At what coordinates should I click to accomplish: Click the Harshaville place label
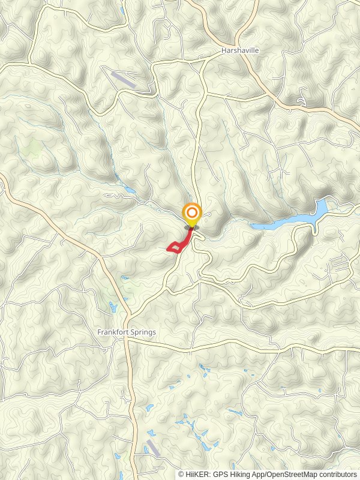click(x=239, y=51)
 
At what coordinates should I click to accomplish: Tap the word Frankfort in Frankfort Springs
click(x=112, y=332)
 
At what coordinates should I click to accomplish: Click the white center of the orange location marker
click(x=192, y=213)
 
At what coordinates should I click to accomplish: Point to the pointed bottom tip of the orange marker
click(x=192, y=228)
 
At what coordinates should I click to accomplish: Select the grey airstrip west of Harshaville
click(x=123, y=79)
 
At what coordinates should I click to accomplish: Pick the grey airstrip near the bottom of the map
click(x=153, y=448)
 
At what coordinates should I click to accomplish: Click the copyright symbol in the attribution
click(x=181, y=474)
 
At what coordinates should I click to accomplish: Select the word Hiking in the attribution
click(x=243, y=474)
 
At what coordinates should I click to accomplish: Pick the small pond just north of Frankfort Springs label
click(x=113, y=308)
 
